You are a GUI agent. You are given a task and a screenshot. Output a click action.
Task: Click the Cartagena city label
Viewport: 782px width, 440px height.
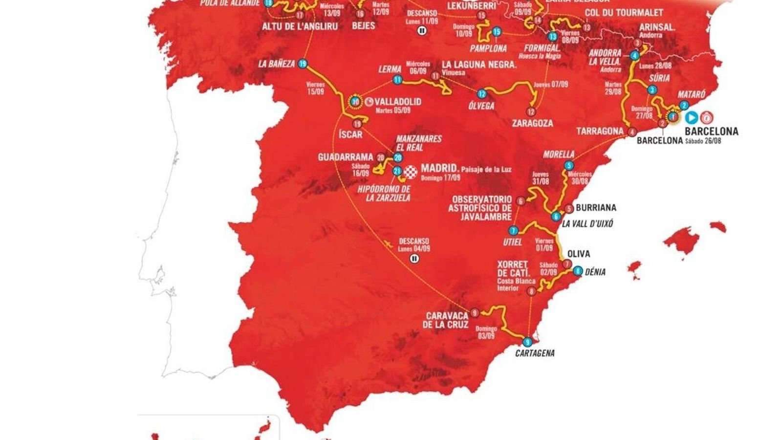coord(535,353)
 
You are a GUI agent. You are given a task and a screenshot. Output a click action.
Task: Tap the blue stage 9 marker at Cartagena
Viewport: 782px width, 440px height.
coord(527,342)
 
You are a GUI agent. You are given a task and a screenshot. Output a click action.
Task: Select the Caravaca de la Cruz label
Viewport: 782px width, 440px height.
coord(447,320)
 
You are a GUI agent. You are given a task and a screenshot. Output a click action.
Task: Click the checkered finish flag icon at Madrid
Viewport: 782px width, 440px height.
coord(412,171)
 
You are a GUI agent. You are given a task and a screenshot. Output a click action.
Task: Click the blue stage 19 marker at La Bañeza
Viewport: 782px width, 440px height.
coord(303,63)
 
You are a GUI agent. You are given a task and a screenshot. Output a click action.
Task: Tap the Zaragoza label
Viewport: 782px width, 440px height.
coord(532,123)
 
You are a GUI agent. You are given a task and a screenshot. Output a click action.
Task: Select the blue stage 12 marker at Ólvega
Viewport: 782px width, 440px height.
coord(482,94)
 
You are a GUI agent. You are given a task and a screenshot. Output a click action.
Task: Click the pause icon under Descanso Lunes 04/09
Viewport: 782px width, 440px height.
coord(415,259)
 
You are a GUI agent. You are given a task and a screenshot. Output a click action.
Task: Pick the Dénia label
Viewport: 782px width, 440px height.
coord(595,272)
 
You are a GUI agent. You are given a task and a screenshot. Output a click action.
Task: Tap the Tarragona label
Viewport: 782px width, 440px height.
coord(600,131)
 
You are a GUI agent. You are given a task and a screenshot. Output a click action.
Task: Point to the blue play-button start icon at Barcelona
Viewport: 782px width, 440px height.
coord(692,117)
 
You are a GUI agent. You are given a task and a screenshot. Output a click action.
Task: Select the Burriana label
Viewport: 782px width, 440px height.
coord(595,208)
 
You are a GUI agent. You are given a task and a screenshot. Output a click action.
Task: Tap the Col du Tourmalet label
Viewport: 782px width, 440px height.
coord(625,13)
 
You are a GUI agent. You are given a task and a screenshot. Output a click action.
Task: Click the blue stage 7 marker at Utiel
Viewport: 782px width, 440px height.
coord(513,231)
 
